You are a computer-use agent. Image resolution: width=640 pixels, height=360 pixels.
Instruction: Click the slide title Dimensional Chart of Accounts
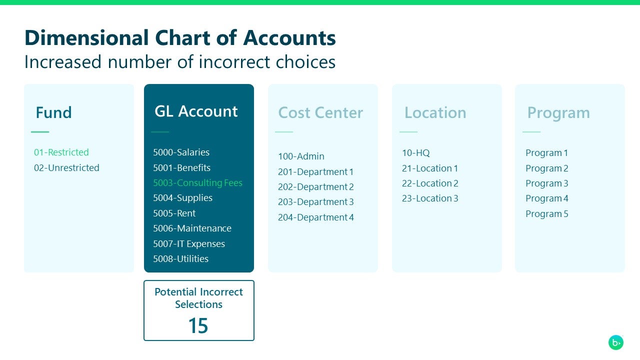click(x=180, y=38)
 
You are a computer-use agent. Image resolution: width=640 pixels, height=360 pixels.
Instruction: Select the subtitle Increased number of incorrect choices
click(x=180, y=62)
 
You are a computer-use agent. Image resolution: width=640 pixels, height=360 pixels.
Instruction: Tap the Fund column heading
click(x=53, y=112)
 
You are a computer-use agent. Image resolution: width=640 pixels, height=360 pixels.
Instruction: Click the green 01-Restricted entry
click(x=61, y=152)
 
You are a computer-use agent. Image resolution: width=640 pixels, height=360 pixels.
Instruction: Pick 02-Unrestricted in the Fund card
click(x=66, y=168)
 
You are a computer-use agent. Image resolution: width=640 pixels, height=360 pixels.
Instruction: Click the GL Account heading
click(x=196, y=111)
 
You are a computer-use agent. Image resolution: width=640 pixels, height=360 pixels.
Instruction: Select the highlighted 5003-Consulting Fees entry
click(x=197, y=183)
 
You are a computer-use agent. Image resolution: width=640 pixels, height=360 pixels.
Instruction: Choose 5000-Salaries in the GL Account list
click(x=181, y=152)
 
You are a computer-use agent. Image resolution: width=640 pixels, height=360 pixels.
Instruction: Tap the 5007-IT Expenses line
click(x=189, y=244)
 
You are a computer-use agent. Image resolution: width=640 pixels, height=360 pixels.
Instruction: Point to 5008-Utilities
click(x=180, y=259)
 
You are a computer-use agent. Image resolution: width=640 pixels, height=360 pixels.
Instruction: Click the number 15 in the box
click(x=198, y=326)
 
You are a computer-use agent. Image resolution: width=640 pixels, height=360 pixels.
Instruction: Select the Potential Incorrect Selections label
click(x=198, y=298)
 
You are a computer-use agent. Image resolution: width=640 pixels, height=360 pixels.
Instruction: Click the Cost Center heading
click(x=320, y=112)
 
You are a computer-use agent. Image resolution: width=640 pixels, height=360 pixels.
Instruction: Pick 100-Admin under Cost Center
click(x=301, y=156)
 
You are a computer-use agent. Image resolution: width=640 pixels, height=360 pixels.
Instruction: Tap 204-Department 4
click(x=316, y=217)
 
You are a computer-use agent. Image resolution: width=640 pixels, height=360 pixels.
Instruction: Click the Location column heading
click(x=435, y=112)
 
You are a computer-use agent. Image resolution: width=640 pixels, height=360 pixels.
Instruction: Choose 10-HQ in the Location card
click(x=415, y=153)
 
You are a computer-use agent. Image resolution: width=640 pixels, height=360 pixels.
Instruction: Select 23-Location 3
click(x=430, y=198)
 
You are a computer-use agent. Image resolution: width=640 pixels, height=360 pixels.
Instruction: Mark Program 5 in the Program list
click(x=546, y=214)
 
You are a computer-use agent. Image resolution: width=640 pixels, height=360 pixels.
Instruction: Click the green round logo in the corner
click(x=616, y=342)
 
